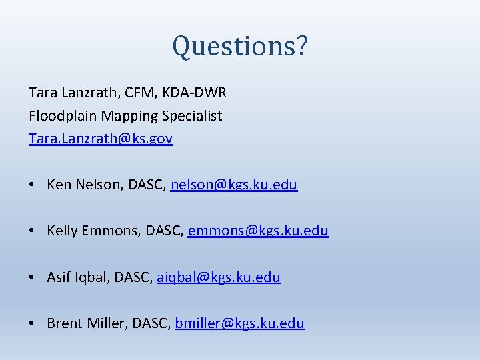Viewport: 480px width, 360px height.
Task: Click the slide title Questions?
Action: pyautogui.click(x=240, y=46)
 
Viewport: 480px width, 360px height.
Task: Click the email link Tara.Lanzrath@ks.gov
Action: pyautogui.click(x=101, y=139)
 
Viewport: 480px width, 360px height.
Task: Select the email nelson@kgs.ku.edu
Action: pyautogui.click(x=234, y=185)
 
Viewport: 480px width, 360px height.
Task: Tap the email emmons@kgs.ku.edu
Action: pyautogui.click(x=258, y=231)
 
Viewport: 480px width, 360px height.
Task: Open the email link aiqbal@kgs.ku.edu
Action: pyautogui.click(x=219, y=277)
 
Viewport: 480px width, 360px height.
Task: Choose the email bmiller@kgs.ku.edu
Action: pyautogui.click(x=239, y=323)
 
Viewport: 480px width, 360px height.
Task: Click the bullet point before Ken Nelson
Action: pyautogui.click(x=33, y=185)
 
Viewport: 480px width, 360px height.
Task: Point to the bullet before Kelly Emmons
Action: pyautogui.click(x=33, y=231)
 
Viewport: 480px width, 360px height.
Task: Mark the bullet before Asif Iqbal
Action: pyautogui.click(x=33, y=277)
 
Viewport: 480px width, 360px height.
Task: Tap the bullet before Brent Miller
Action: pyautogui.click(x=33, y=324)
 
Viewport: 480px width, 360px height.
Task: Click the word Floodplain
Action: pyautogui.click(x=63, y=116)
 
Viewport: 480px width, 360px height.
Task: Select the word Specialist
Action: pyautogui.click(x=193, y=116)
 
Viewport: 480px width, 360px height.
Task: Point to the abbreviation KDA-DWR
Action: pyautogui.click(x=196, y=93)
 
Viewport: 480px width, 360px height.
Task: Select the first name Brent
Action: pyautogui.click(x=65, y=323)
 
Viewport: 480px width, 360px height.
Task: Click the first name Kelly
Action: pyautogui.click(x=62, y=231)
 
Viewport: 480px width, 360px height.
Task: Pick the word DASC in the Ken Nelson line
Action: pyautogui.click(x=147, y=185)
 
